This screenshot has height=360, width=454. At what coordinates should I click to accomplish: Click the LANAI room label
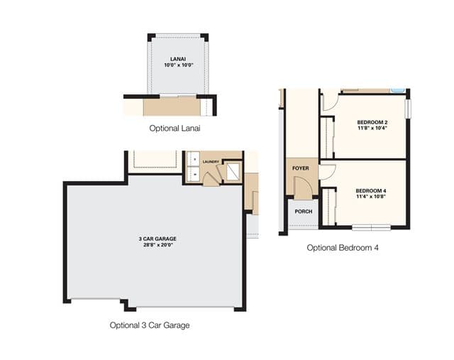point(178,59)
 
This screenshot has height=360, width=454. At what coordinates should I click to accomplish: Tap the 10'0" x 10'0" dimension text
point(178,65)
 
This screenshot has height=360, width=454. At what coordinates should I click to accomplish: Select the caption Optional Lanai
point(175,128)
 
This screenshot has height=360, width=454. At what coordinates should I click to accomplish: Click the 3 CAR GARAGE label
point(157,239)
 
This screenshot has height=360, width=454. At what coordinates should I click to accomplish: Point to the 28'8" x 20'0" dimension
point(158,245)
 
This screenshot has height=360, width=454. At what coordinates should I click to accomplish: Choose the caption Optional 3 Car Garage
point(150,325)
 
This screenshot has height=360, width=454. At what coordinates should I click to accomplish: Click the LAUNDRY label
point(211,162)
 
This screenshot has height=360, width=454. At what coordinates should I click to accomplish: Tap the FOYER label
point(301,168)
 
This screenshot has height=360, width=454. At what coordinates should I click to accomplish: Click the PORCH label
point(304,212)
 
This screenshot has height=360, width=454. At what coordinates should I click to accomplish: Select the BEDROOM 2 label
point(372,122)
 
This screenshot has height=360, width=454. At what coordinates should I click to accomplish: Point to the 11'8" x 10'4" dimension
point(372,128)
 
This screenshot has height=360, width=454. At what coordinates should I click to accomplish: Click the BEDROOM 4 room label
point(371,191)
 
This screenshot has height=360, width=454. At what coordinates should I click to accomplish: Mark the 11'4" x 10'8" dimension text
point(371,196)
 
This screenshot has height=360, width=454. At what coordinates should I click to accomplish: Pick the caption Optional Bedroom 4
point(343,248)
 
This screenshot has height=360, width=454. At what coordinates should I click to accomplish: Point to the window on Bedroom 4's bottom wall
point(372,227)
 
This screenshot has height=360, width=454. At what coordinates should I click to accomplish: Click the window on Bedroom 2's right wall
point(409,109)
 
